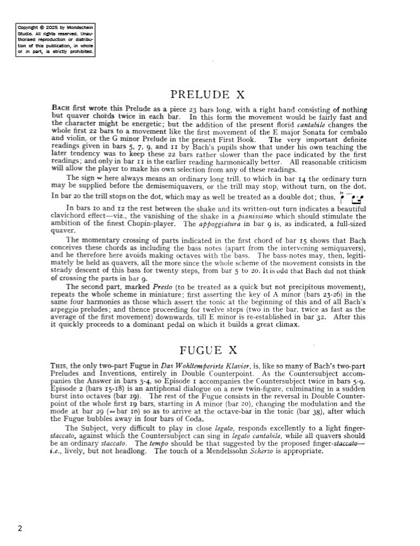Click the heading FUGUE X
pyautogui.click(x=209, y=350)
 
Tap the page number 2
pyautogui.click(x=20, y=528)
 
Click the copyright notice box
pyautogui.click(x=55, y=40)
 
